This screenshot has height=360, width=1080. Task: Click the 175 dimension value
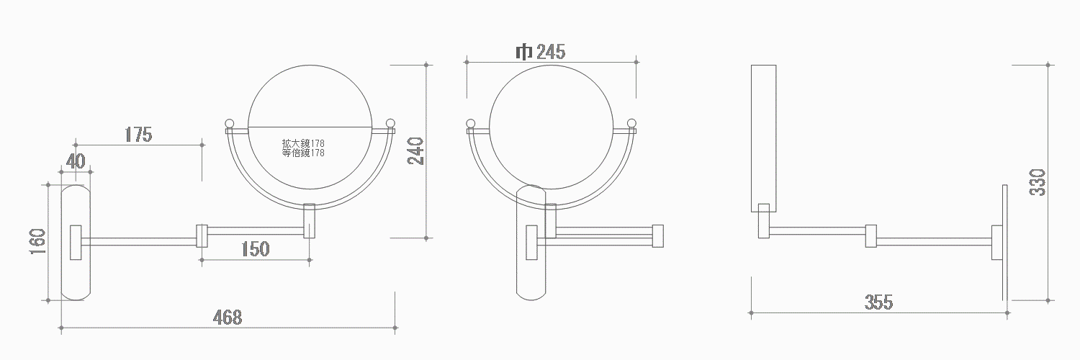138,135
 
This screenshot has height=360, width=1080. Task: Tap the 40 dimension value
76,161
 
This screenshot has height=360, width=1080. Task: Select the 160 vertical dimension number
37,242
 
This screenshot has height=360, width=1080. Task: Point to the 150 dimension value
255,248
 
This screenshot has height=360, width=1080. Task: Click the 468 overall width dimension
228,317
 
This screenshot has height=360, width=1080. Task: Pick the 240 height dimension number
415,151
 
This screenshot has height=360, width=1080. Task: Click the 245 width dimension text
551,52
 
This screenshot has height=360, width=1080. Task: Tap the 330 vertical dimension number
1038,182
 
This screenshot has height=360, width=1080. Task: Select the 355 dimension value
879,302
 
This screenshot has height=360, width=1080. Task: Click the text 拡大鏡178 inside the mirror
303,143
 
